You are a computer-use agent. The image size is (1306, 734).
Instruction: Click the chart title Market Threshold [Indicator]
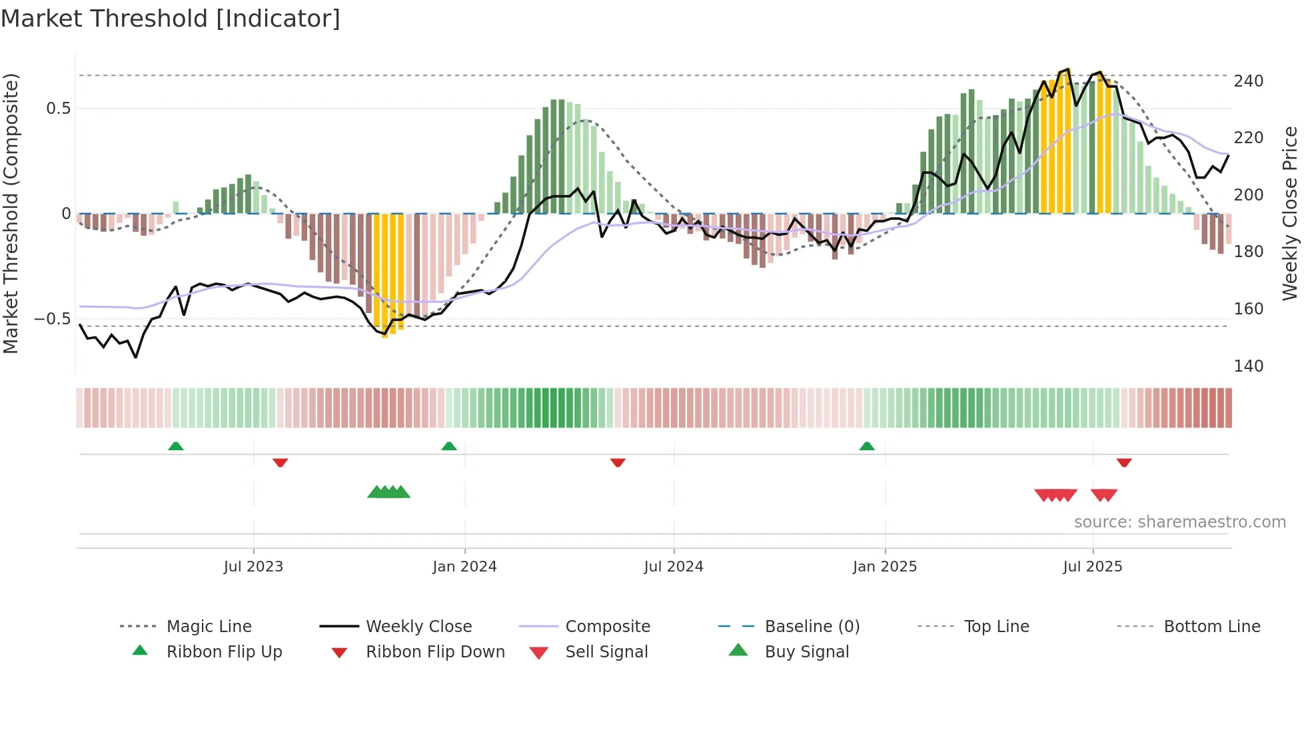point(171,19)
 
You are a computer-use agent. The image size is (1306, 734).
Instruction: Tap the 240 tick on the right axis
point(1248,81)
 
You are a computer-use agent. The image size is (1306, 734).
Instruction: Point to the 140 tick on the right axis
point(1248,366)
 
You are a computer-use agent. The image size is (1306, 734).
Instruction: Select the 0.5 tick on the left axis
point(59,109)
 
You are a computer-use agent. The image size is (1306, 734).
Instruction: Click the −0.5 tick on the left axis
point(53,319)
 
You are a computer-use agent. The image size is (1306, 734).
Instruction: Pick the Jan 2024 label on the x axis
point(464,567)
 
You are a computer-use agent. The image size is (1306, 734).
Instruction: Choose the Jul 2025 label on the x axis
point(1092,567)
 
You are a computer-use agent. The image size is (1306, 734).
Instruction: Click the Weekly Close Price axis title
point(1290,213)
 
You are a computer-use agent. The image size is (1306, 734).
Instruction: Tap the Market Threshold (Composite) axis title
point(11,213)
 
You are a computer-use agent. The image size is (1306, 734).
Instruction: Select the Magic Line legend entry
point(209,627)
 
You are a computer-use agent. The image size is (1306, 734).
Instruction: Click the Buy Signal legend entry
point(806,652)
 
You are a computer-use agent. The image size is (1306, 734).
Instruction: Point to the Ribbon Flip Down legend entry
point(435,652)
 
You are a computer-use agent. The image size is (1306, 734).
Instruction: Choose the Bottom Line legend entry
point(1211,627)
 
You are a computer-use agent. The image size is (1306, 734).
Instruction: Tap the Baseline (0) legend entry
point(812,627)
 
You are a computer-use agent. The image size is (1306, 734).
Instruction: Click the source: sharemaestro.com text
point(1179,522)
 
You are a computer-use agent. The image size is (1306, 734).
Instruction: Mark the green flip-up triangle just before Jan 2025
point(867,446)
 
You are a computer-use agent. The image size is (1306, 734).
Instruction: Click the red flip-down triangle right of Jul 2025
point(1124,462)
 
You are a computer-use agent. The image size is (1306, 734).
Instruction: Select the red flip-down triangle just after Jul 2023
point(280,462)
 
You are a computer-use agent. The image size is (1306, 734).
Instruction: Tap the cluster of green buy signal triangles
point(388,492)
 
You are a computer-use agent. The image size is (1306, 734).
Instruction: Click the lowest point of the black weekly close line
point(136,358)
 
